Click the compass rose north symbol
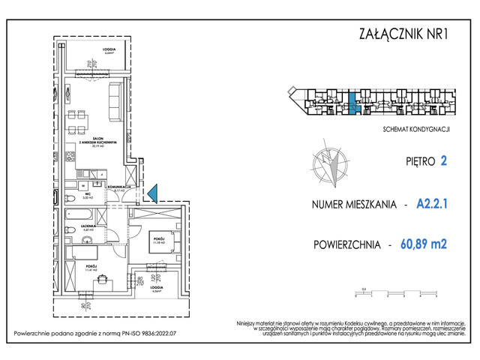click(x=329, y=165)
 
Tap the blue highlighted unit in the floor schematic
click(x=353, y=102)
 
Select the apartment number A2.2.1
click(x=436, y=205)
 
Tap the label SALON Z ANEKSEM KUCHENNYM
click(x=92, y=142)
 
